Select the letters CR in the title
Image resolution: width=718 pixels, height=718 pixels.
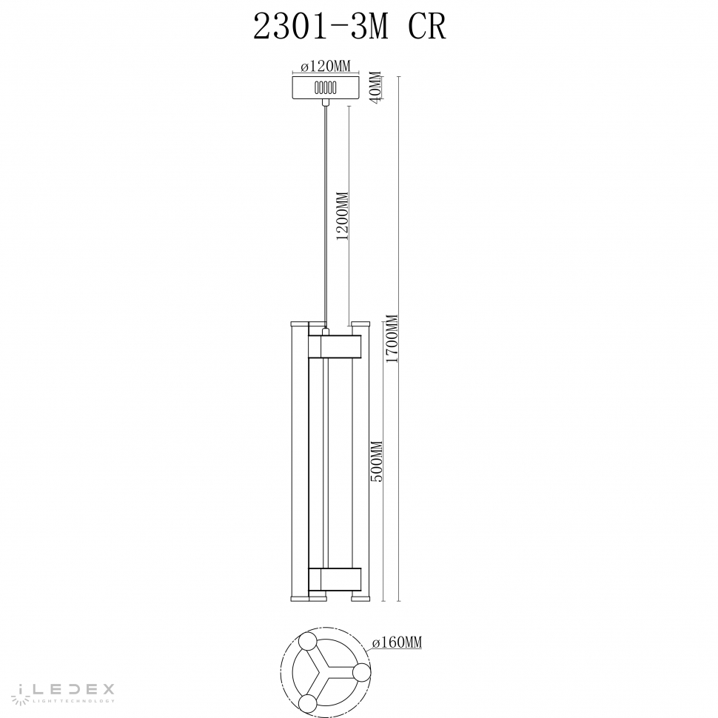tap(427, 27)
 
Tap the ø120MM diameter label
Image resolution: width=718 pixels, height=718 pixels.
tap(326, 67)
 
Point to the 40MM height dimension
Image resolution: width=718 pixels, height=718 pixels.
tap(375, 88)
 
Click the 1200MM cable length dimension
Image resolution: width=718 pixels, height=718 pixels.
tap(342, 217)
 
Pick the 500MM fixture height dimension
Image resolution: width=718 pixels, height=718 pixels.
tap(376, 462)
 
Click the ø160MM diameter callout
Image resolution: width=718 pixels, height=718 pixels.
tap(397, 643)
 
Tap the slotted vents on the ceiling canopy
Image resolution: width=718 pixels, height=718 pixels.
tap(326, 87)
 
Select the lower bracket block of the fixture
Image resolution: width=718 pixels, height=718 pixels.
tap(334, 577)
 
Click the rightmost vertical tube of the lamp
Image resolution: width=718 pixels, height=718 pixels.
tap(361, 459)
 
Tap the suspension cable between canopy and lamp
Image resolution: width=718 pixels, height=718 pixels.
tap(326, 215)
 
